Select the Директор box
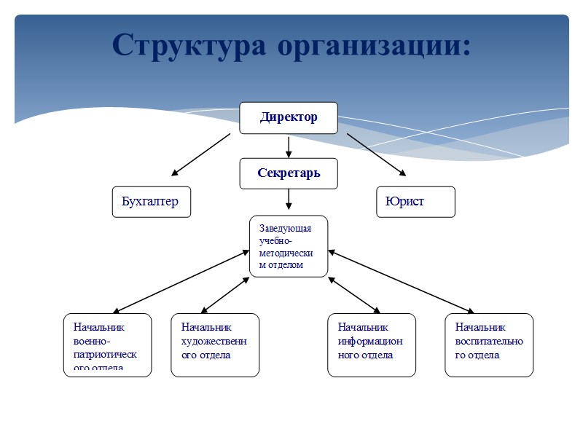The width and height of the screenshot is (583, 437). tap(289, 117)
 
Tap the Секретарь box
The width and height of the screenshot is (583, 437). tap(289, 173)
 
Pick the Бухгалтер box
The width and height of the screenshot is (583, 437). tap(151, 202)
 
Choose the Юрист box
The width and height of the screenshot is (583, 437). tap(415, 202)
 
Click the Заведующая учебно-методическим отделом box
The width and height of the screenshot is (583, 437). tap(289, 246)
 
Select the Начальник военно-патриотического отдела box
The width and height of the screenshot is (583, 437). tap(107, 345)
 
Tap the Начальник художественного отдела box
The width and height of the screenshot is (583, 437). tap(215, 345)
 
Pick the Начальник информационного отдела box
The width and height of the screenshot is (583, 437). tap(372, 345)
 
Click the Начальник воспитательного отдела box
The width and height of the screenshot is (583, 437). tap(489, 345)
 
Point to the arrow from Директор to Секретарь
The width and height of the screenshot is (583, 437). tap(289, 146)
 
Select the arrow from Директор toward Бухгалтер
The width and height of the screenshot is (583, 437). tap(201, 154)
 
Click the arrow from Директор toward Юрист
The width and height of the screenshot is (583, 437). tap(376, 154)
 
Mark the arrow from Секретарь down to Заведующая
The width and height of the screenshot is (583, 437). tap(289, 199)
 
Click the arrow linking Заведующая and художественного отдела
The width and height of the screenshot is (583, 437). tap(224, 295)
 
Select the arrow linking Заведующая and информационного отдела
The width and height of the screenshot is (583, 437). tap(354, 295)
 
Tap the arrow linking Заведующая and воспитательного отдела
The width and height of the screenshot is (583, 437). tap(401, 282)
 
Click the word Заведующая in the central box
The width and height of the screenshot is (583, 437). tap(285, 228)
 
